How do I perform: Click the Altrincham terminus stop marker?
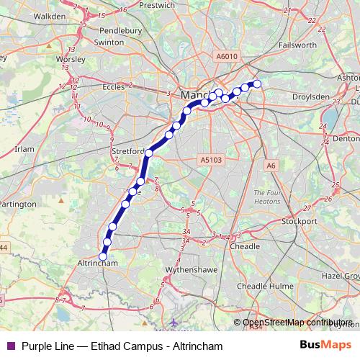pyautogui.click(x=103, y=256)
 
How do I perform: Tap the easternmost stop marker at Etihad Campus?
pyautogui.click(x=257, y=84)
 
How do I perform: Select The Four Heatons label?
pyautogui.click(x=270, y=197)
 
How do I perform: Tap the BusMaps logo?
pyautogui.click(x=327, y=346)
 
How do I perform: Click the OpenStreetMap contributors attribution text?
pyautogui.click(x=297, y=322)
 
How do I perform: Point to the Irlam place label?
pyautogui.click(x=24, y=148)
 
